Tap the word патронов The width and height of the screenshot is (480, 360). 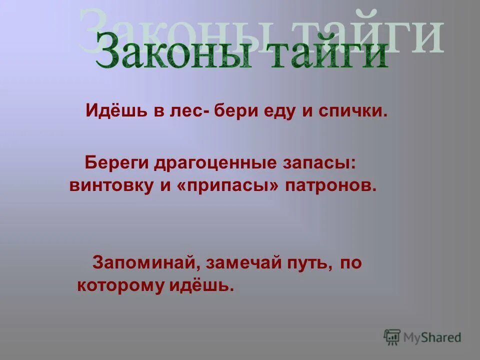tap(330, 185)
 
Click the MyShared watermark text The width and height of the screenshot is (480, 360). tap(432, 337)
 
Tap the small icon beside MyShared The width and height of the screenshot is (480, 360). tap(392, 337)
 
